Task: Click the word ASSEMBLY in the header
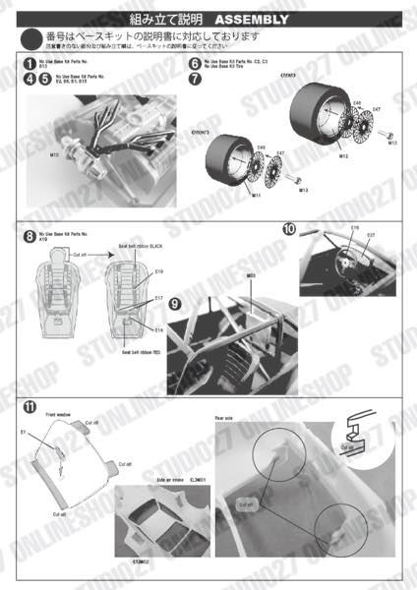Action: coord(251,19)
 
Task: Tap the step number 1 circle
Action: coord(30,63)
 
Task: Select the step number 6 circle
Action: coord(195,63)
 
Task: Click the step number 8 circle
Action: coord(30,236)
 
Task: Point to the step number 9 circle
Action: coord(174,305)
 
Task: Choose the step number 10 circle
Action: coord(289,229)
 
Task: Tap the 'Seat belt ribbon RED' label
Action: coord(141,352)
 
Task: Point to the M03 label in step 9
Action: coord(251,276)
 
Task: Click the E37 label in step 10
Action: coord(371,236)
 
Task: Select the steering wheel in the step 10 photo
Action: coord(350,257)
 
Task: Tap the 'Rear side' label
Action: coord(225,418)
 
